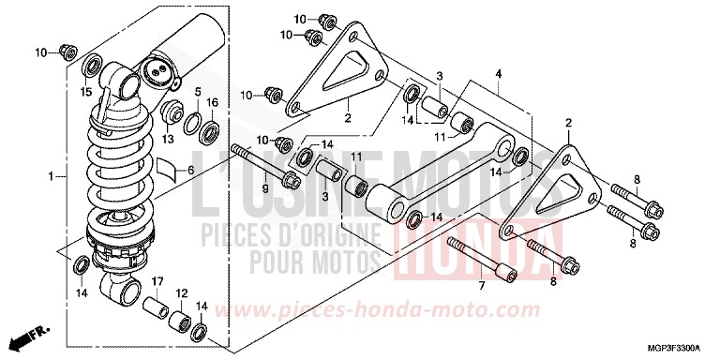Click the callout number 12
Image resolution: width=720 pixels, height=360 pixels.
click(x=181, y=292)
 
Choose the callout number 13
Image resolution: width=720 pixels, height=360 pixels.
click(x=168, y=140)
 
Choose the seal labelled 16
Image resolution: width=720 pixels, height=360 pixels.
click(x=210, y=128)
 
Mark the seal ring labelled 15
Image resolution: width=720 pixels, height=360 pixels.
click(x=93, y=66)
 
